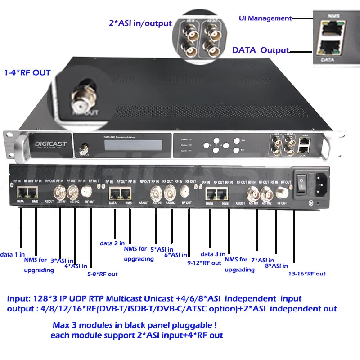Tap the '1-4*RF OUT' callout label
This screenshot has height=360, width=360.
27,72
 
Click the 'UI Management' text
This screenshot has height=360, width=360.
265,18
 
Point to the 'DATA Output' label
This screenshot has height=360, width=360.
261,50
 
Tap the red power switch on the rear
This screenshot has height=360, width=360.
302,182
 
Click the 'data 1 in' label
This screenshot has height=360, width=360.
12,254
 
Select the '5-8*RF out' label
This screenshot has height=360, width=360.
102,274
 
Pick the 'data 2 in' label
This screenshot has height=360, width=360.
112,243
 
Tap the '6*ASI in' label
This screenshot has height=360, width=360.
176,255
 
